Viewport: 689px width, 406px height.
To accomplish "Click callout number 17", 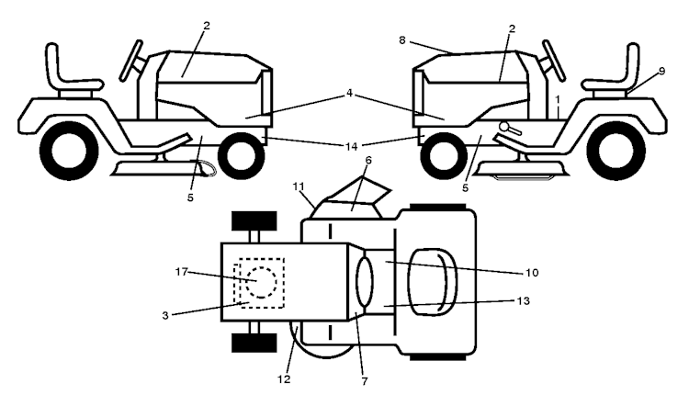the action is click(182, 272).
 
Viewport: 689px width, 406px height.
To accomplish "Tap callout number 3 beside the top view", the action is click(165, 315).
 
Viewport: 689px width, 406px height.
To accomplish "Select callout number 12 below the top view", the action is click(284, 378).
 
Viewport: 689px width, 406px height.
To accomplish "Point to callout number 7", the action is click(365, 381).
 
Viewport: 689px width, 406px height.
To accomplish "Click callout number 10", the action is click(532, 273).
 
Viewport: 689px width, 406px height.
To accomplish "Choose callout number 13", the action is click(524, 301).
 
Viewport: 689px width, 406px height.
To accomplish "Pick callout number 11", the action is click(299, 186).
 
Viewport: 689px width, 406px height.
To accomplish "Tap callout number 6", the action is click(368, 161).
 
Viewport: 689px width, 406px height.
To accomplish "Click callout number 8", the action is click(402, 40).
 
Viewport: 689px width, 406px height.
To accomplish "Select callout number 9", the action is click(662, 71).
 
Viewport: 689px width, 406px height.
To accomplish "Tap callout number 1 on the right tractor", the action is click(558, 100).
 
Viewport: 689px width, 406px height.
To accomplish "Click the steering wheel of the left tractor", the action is click(131, 61).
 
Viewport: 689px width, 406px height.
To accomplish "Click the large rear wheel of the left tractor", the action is click(69, 151).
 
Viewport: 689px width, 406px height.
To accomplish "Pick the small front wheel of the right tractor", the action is click(444, 155).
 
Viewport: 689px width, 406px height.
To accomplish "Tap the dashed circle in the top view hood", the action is click(262, 282).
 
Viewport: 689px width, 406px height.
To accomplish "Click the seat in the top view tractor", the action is click(433, 282).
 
